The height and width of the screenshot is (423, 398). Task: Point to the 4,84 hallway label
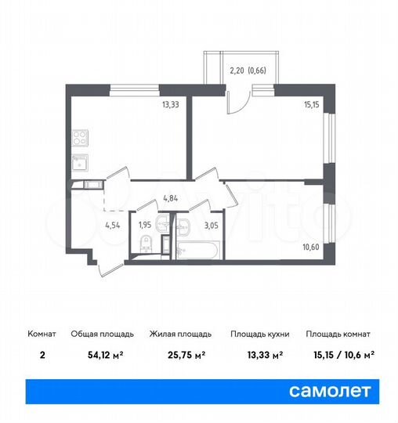tap(171, 200)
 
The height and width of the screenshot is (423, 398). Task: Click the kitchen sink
tap(78, 163)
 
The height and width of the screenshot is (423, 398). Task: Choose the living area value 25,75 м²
tap(178, 355)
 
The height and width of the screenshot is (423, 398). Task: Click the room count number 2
tap(41, 355)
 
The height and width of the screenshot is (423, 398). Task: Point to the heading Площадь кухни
tap(260, 334)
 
